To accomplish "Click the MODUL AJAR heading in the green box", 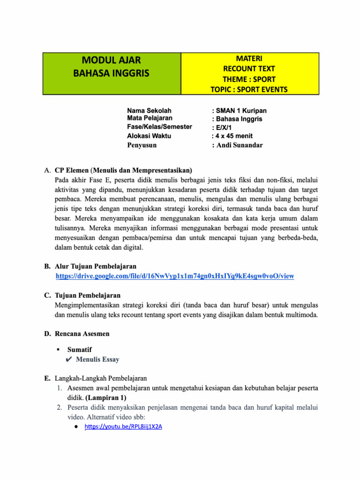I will [112, 60].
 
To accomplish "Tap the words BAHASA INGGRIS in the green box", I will [112, 73].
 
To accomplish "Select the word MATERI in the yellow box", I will [249, 59].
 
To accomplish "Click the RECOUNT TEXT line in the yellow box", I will [249, 69].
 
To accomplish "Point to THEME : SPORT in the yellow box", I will [249, 79].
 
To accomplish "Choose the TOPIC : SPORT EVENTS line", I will [249, 90].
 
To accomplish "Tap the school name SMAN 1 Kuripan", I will [241, 111].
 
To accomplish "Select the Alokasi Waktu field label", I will [149, 136].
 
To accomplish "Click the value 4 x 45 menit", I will [232, 136].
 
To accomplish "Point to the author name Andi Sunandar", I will [240, 145].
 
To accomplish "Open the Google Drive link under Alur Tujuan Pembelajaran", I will [175, 276].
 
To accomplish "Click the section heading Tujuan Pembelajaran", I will [88, 296].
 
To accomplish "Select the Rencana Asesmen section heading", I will [82, 334].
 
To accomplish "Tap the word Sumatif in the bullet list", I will [80, 350].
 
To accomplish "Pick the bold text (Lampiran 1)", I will [106, 397].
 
